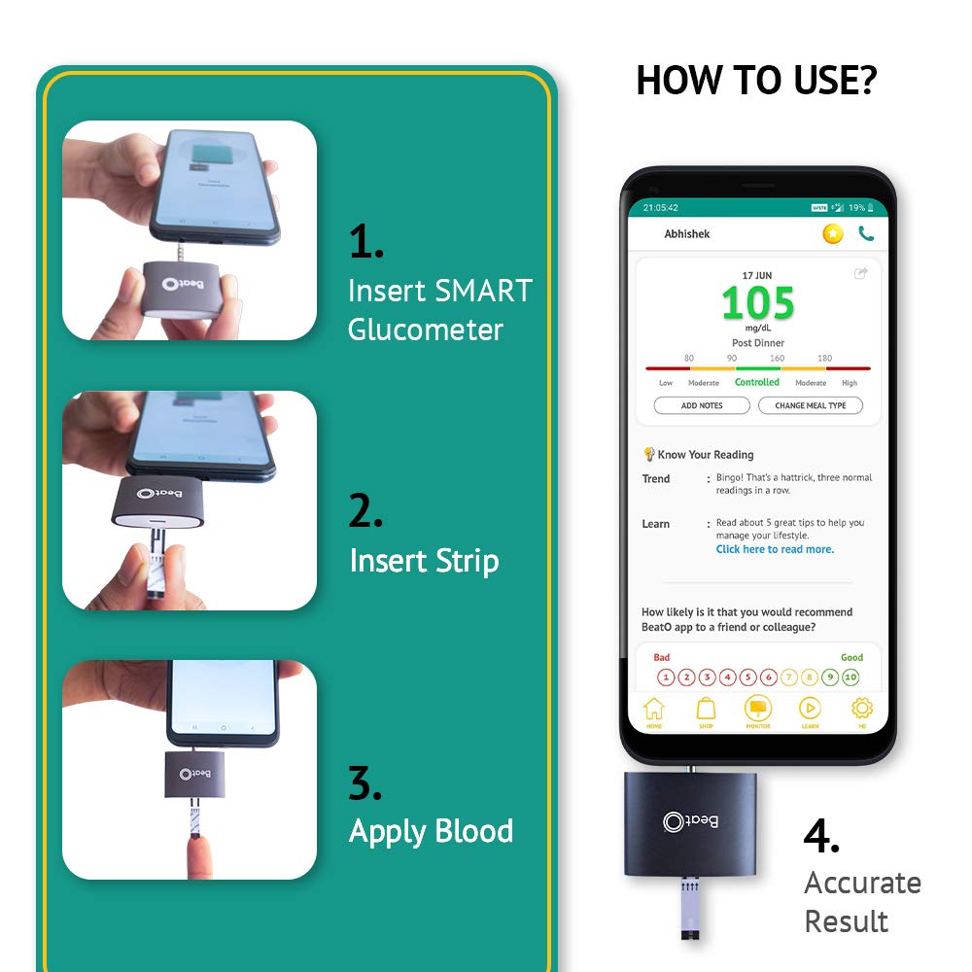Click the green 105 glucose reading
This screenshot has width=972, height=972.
tap(758, 304)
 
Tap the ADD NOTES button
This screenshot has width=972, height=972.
tap(702, 405)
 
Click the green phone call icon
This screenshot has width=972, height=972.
tap(866, 233)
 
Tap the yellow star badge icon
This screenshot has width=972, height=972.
tap(833, 233)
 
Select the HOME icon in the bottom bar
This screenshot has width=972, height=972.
tap(654, 711)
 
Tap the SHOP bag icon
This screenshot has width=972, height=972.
tap(707, 711)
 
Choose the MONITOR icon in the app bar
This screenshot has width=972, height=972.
tap(758, 711)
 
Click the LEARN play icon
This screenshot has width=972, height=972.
tap(810, 711)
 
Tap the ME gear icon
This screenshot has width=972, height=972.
tap(861, 711)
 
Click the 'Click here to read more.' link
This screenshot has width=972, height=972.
tap(775, 549)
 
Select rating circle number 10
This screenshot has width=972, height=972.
tap(850, 677)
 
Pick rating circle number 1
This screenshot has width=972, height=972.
tap(666, 677)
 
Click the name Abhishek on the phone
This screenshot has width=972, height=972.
tap(687, 234)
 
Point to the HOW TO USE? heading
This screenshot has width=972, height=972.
tap(756, 81)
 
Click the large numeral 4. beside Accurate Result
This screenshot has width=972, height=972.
tap(821, 837)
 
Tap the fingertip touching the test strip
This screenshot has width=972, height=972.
tap(200, 856)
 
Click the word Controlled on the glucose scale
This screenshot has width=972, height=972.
tap(757, 383)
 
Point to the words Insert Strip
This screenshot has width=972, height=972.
tap(424, 561)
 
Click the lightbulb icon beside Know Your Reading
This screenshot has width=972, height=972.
tap(648, 454)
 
